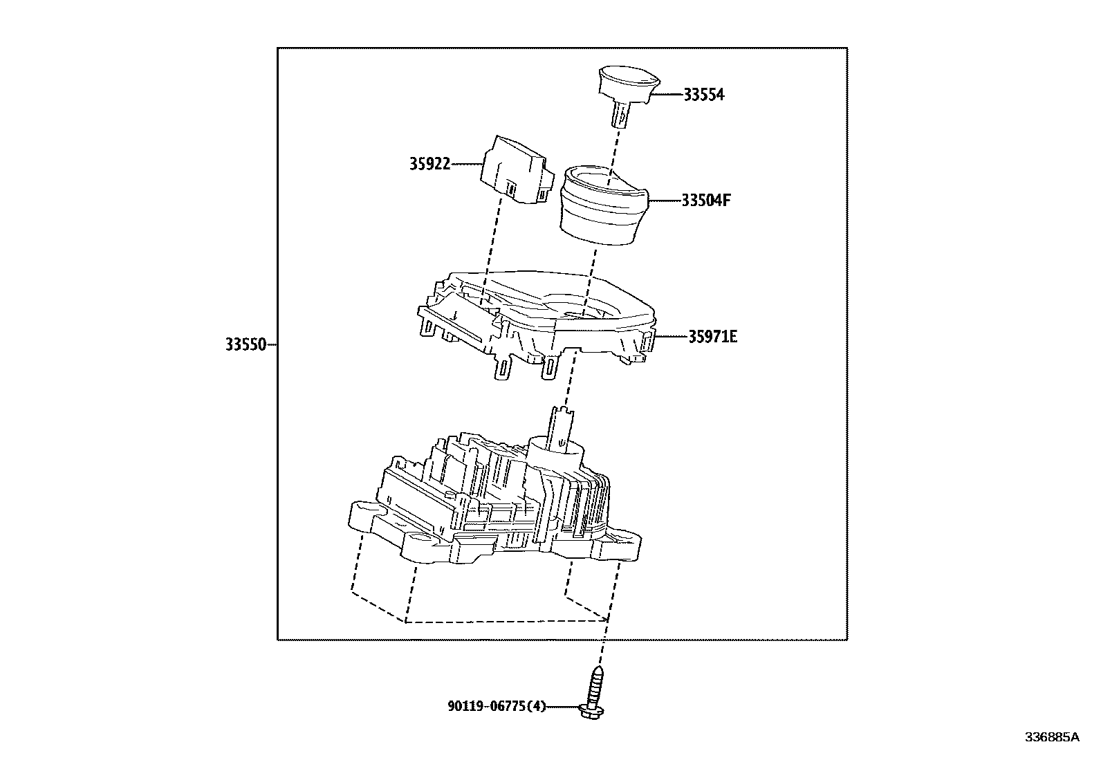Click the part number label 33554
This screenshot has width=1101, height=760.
coord(703,95)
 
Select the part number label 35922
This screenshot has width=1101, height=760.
coord(429,164)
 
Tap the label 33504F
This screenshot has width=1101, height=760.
coord(706,201)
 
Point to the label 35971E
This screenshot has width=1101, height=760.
coord(712,337)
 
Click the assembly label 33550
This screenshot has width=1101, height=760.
coord(245,344)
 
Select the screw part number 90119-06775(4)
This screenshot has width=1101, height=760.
coord(497,706)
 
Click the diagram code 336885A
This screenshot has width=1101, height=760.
coord(1051,736)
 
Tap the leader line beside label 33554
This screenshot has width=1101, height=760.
coord(667,95)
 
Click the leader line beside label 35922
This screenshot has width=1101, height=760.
coord(467,164)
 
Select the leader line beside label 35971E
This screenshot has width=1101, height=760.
coord(670,337)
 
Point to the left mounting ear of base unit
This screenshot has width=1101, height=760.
coord(366,516)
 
